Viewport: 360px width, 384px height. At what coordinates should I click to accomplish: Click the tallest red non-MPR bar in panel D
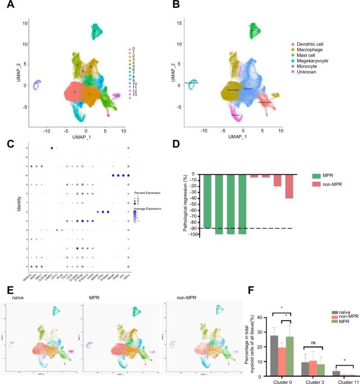tap(289, 186)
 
